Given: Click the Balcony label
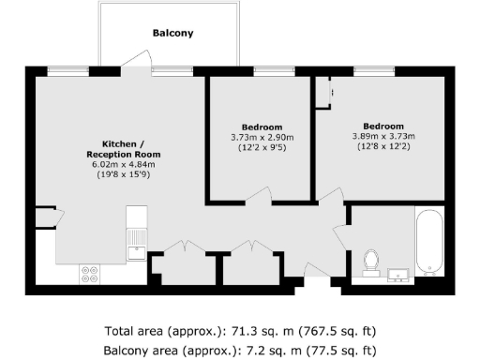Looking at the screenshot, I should [172, 34].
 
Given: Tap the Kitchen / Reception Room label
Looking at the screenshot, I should [123, 148].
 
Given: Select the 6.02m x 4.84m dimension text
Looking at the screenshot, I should [123, 165].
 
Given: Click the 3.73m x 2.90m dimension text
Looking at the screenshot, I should [262, 138].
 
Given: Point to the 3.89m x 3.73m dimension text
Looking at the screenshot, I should [382, 137].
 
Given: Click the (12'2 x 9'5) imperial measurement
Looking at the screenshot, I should [262, 148].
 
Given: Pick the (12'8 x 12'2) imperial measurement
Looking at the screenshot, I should [382, 147].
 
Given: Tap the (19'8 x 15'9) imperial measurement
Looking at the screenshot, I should [123, 175].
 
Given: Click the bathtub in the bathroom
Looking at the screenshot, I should [428, 244].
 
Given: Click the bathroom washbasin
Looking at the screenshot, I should [397, 275].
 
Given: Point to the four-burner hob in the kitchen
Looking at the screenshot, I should [91, 275].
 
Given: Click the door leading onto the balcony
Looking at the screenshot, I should [139, 64].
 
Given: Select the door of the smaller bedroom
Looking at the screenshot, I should [262, 194].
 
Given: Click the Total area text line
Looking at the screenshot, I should [240, 332].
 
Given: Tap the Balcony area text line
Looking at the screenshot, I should [240, 350].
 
